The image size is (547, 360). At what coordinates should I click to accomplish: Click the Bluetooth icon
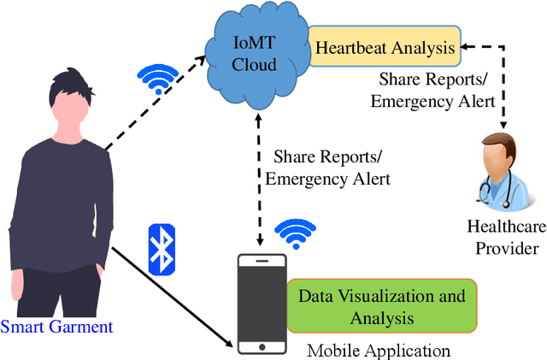click(x=162, y=249)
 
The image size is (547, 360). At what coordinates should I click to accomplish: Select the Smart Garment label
click(x=56, y=326)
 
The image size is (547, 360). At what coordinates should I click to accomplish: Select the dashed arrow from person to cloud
click(x=154, y=107)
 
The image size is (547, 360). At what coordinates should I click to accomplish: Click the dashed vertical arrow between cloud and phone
click(x=257, y=171)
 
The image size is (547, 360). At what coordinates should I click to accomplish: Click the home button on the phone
click(x=260, y=346)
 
